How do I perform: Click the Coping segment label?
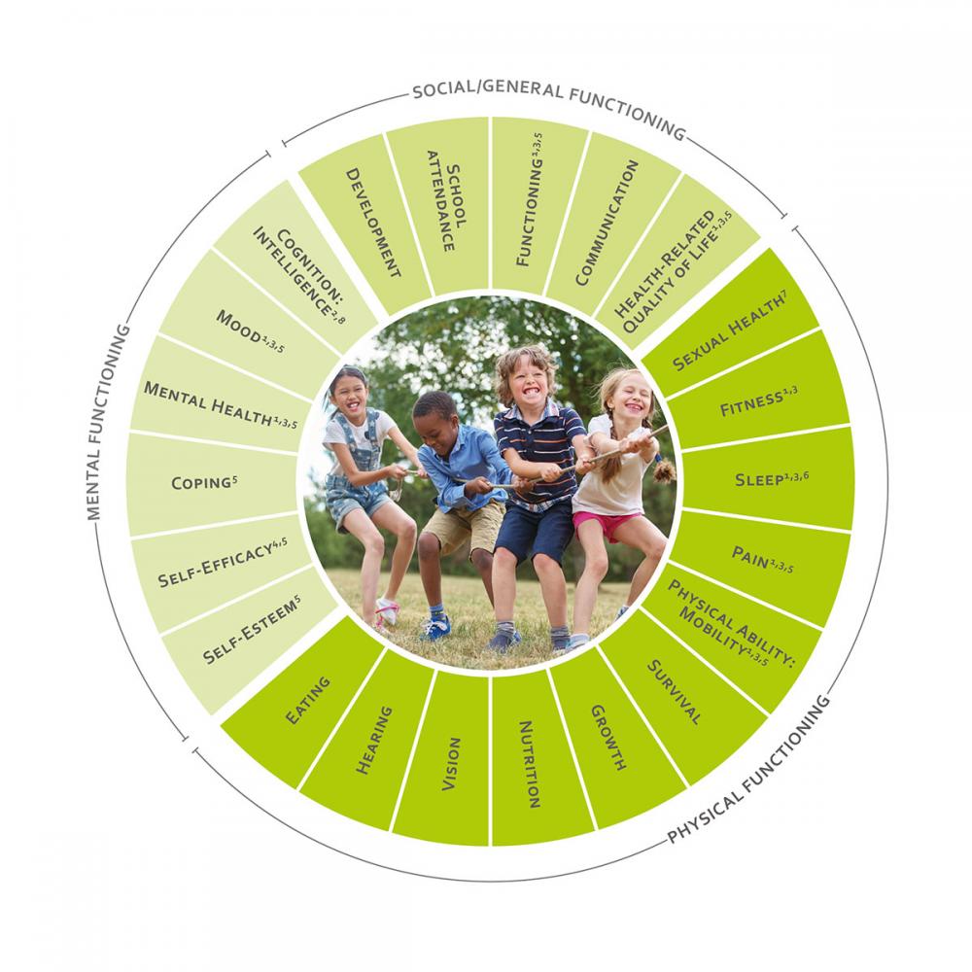204,482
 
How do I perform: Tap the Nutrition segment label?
529,764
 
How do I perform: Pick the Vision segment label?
451,764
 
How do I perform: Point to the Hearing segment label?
374,740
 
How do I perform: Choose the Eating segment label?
307,701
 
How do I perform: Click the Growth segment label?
608,737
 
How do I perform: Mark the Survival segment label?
675,692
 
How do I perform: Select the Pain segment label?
762,559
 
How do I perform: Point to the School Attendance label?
447,199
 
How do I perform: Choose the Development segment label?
373,224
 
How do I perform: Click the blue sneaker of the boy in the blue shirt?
435,627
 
